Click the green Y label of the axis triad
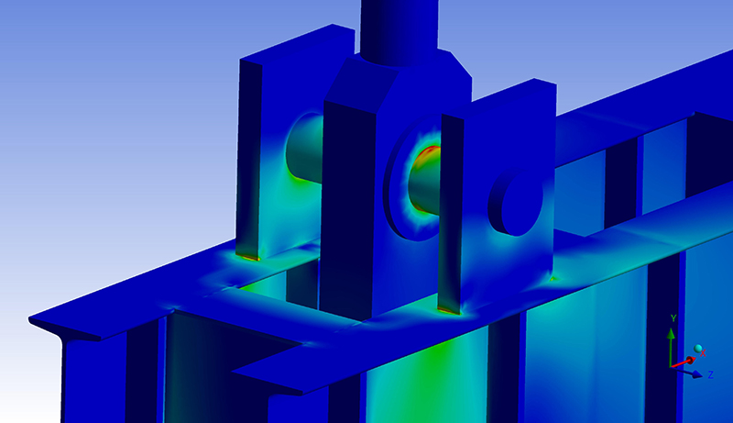673,318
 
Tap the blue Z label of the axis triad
711,374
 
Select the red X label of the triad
703,353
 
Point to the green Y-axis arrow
671,347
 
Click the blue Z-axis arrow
688,372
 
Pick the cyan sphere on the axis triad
698,348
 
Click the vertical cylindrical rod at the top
399,30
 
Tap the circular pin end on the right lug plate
516,203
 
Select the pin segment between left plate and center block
305,148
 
